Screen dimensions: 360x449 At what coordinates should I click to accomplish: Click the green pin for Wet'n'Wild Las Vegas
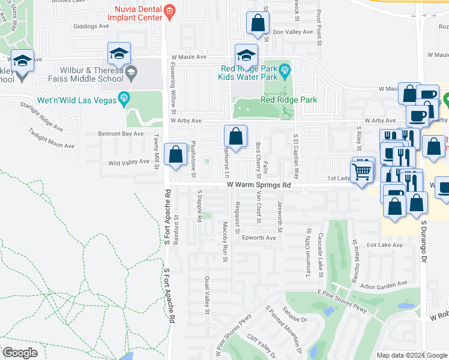pyautogui.click(x=125, y=98)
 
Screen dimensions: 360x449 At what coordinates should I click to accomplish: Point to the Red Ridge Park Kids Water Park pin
pyautogui.click(x=285, y=71)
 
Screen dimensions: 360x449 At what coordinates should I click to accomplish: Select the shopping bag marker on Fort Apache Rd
pyautogui.click(x=175, y=155)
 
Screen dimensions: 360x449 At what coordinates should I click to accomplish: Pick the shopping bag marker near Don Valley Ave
pyautogui.click(x=258, y=24)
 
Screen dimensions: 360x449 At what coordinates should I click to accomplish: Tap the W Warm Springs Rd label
pyautogui.click(x=259, y=185)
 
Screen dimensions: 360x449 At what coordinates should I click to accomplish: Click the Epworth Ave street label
pyautogui.click(x=259, y=238)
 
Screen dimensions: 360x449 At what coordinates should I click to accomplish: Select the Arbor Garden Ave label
pyautogui.click(x=384, y=283)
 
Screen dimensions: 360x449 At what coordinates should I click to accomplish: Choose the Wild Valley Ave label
pyautogui.click(x=128, y=162)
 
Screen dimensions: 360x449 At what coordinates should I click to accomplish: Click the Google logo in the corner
pyautogui.click(x=20, y=352)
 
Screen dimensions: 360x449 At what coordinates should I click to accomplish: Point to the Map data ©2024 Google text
pyautogui.click(x=411, y=355)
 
